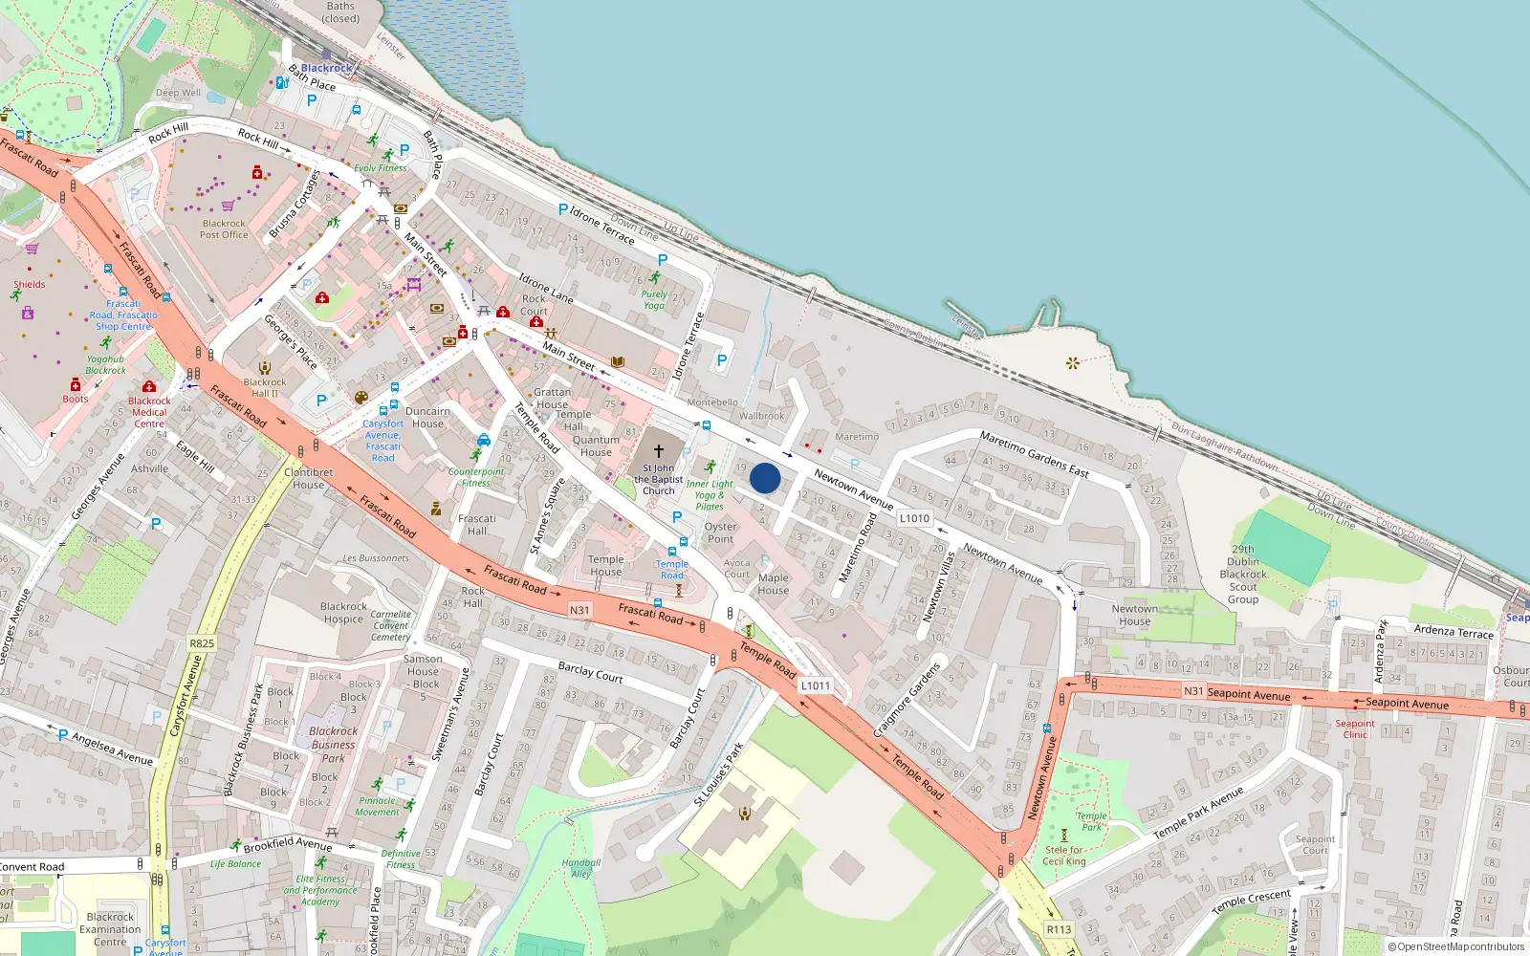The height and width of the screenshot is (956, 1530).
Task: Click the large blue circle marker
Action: (765, 478)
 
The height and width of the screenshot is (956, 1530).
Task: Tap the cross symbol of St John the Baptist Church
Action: (659, 450)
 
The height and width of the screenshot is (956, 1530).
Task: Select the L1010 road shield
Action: (914, 518)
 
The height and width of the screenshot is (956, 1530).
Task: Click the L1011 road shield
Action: (816, 685)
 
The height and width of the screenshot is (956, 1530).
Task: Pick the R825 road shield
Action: (202, 643)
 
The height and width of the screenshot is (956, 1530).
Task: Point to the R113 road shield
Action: (1059, 929)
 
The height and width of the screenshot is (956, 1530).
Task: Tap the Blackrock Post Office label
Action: (224, 228)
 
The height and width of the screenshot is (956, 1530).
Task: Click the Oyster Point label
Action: (720, 532)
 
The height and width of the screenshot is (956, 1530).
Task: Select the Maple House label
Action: (773, 583)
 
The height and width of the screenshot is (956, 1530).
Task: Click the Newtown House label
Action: (1134, 615)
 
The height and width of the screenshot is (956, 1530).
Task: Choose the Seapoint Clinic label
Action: (1355, 728)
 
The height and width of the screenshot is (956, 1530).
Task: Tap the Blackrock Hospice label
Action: (343, 613)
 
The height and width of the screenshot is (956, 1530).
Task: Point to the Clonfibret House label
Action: (308, 478)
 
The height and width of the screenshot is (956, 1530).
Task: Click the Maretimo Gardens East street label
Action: (1034, 454)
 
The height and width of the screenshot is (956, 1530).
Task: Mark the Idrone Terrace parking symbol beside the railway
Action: (563, 209)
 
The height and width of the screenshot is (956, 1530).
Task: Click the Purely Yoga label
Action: (654, 300)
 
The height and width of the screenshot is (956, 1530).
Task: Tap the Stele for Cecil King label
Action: (1064, 855)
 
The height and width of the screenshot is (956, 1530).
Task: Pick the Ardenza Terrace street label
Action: (1453, 632)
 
